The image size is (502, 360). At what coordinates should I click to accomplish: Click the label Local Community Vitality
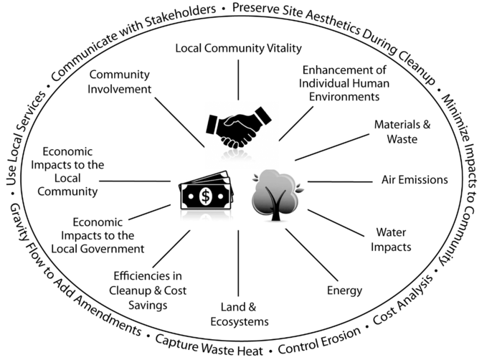click(x=240, y=48)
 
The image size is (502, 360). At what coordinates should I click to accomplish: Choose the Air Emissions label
click(x=414, y=179)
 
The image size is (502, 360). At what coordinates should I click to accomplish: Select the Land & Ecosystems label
click(x=240, y=313)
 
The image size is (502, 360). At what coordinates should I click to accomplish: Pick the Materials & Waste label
click(x=402, y=131)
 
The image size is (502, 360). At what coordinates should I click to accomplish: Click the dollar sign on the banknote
click(x=205, y=195)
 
